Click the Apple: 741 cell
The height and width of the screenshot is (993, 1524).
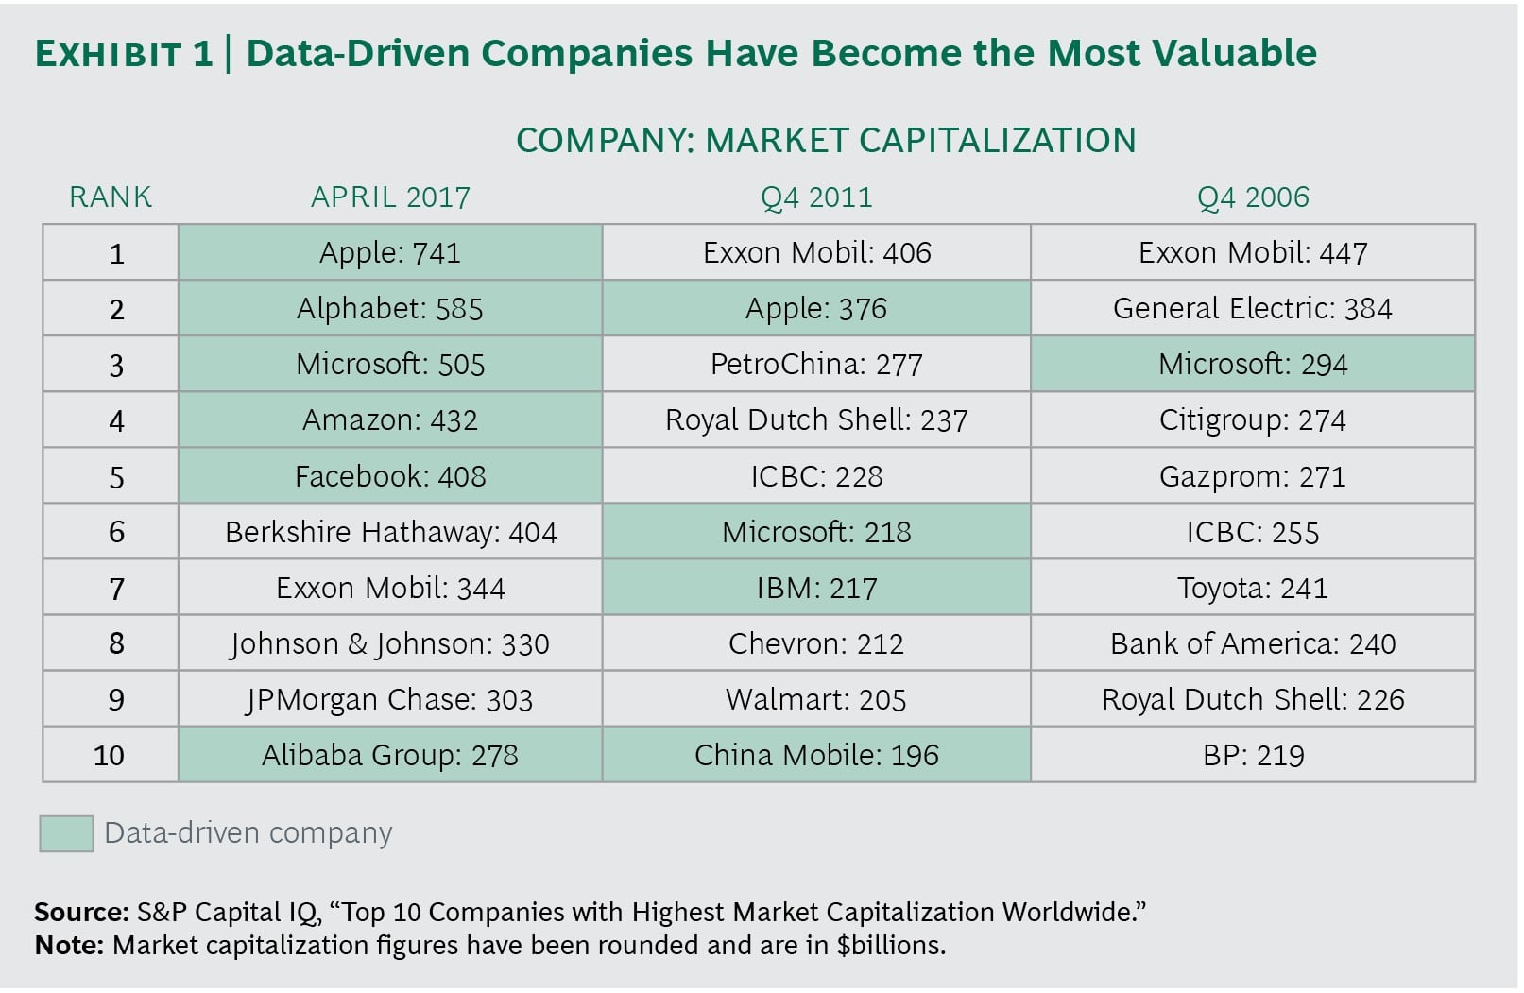tap(389, 252)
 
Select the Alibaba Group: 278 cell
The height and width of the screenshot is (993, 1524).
tap(389, 755)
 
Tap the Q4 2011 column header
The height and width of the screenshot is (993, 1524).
tap(816, 197)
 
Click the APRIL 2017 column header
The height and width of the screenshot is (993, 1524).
tap(390, 197)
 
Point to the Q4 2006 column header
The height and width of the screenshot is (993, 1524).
tap(1253, 197)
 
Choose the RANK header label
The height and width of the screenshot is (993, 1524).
tap(111, 197)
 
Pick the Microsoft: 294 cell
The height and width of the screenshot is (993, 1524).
tap(1253, 364)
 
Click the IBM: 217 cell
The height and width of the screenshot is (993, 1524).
tap(816, 588)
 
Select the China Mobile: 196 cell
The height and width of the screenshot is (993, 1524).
tap(816, 755)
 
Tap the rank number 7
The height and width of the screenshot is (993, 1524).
tap(116, 589)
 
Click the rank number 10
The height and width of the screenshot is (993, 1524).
tap(110, 755)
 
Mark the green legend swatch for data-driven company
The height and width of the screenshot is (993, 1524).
tap(66, 833)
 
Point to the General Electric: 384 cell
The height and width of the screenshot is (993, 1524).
tap(1253, 308)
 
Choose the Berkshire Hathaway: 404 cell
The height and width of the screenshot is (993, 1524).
tap(390, 532)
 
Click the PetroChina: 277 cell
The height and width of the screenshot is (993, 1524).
tap(816, 364)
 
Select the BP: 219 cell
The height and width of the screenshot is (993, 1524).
tap(1253, 755)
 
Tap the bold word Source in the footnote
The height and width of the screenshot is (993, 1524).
tap(81, 912)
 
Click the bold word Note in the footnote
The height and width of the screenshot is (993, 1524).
tap(69, 945)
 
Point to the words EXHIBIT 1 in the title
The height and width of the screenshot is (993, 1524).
tap(124, 54)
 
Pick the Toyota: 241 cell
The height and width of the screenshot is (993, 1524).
tap(1253, 588)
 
